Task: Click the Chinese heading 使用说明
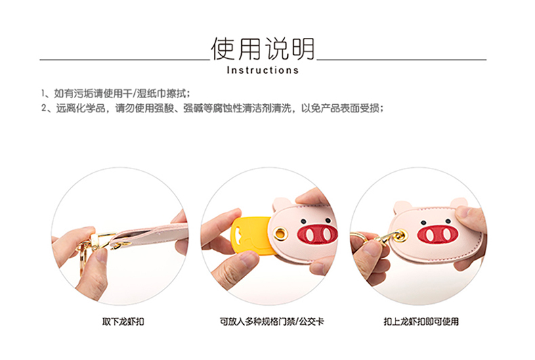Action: click(262, 49)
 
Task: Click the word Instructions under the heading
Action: click(263, 70)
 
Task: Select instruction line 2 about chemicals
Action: click(212, 108)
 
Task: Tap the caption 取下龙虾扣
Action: click(123, 321)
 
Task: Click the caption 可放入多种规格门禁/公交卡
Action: click(272, 321)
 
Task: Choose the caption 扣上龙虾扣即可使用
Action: click(421, 321)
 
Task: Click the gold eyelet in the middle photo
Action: click(281, 234)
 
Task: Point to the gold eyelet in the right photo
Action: click(401, 235)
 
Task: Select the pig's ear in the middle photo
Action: click(282, 205)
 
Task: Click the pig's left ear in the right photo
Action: click(403, 208)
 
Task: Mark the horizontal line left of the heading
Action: click(125, 60)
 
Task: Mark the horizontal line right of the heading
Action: click(402, 60)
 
